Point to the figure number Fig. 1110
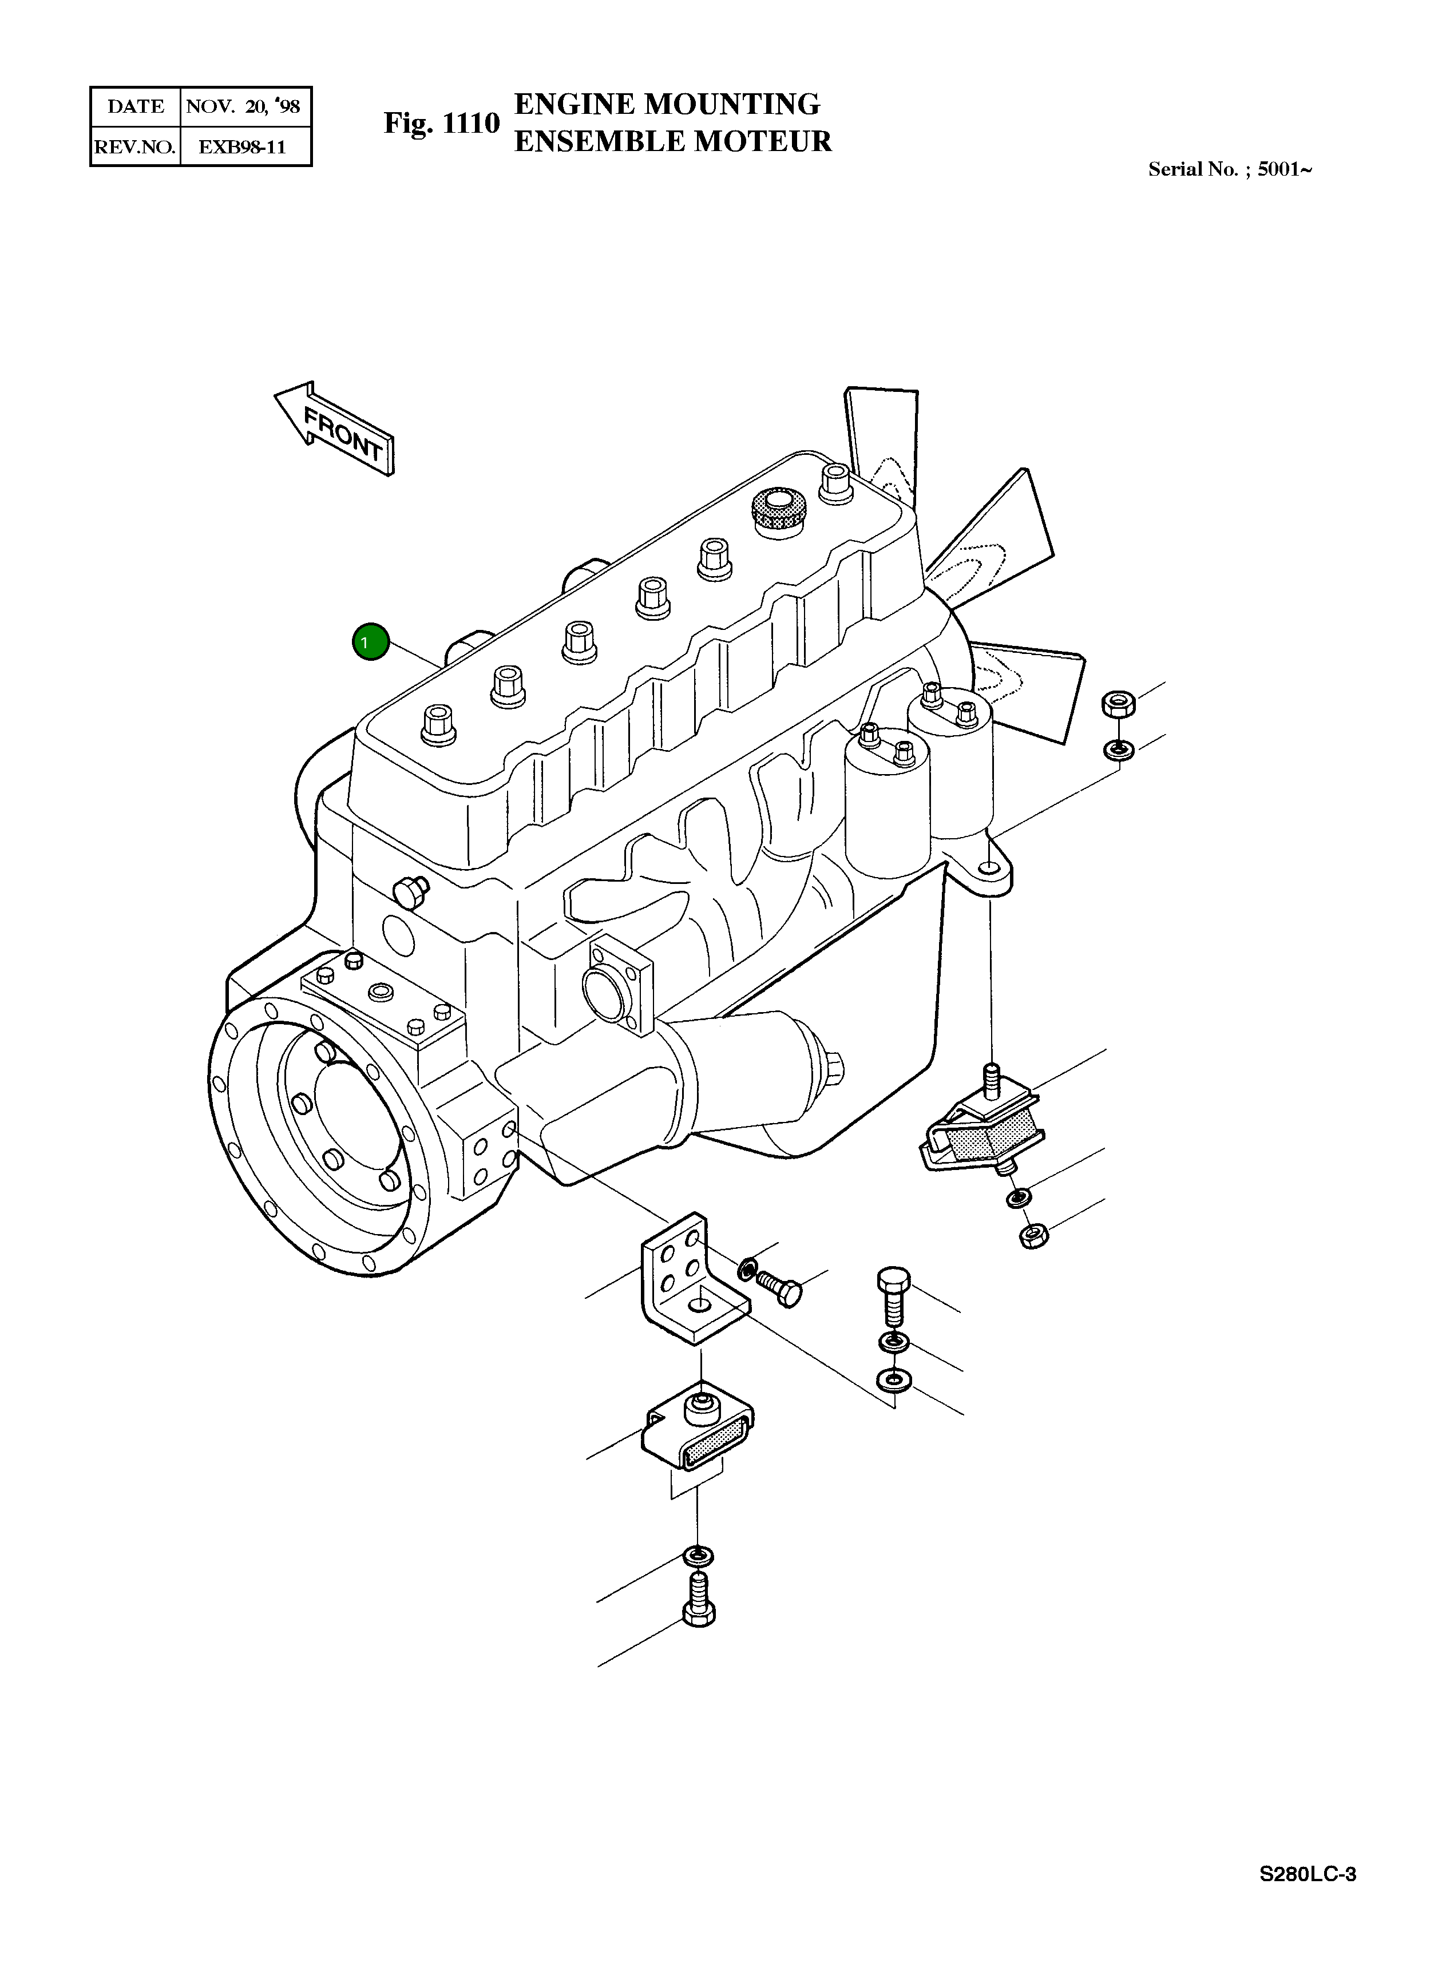click(x=442, y=123)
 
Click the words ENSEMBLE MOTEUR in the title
click(x=672, y=141)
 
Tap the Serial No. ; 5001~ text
click(x=1229, y=169)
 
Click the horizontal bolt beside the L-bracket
click(x=779, y=1287)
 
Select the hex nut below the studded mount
click(x=1033, y=1235)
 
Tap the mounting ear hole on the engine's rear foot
click(x=987, y=869)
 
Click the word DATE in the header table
click(x=135, y=106)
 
